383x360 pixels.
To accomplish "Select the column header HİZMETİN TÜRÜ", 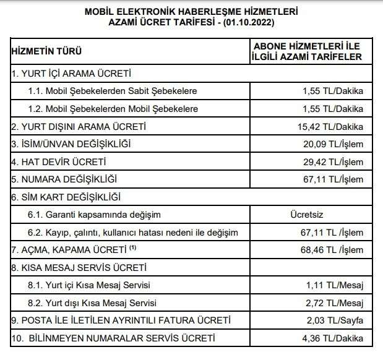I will [x=47, y=51].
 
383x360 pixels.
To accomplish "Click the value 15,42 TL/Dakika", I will [x=330, y=127].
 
